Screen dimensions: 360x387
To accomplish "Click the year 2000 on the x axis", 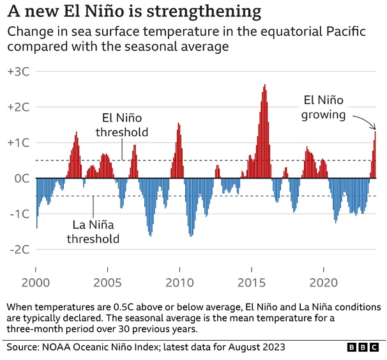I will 36,283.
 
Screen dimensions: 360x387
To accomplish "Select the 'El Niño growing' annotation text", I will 324,107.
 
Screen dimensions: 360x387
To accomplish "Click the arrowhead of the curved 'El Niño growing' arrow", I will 376,129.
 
